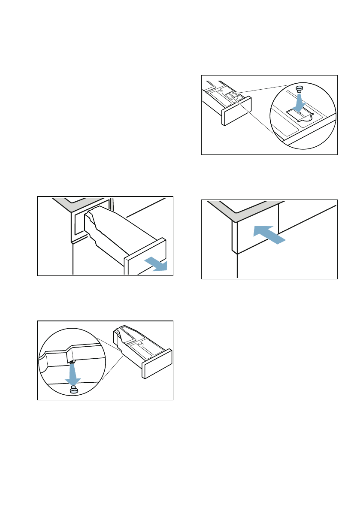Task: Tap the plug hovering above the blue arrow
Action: tap(299, 89)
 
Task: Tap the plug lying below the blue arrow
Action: tap(73, 390)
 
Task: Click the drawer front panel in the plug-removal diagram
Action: tap(157, 363)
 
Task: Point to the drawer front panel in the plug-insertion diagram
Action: tap(236, 111)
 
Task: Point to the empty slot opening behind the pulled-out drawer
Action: tap(79, 223)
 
